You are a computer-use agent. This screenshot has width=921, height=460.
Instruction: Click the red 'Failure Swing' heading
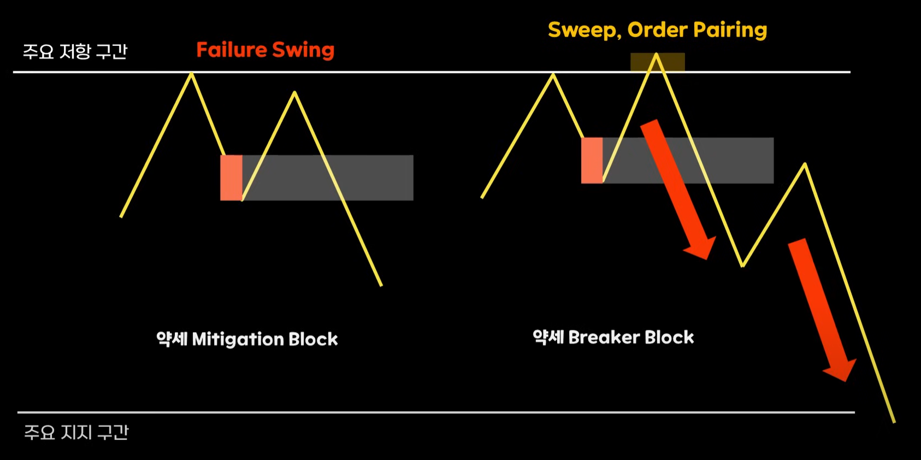(265, 50)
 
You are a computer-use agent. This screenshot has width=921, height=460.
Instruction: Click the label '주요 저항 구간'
(75, 51)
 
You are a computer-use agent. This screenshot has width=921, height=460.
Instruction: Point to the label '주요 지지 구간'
(76, 432)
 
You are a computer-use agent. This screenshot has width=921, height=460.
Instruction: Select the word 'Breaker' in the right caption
(604, 338)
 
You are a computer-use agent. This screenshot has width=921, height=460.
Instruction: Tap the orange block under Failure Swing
(231, 178)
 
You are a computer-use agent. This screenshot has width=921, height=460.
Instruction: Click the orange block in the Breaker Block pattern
(592, 160)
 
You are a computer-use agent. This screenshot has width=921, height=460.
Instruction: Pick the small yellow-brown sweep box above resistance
(657, 62)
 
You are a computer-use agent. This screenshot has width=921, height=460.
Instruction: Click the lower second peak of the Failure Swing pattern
(294, 93)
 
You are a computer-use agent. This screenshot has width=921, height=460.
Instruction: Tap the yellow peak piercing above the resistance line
(657, 55)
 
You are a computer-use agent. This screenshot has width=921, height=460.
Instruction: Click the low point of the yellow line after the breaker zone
(742, 266)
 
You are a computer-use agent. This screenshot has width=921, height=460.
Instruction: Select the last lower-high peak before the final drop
(805, 164)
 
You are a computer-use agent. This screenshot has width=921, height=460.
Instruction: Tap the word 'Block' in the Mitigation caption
(313, 339)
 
